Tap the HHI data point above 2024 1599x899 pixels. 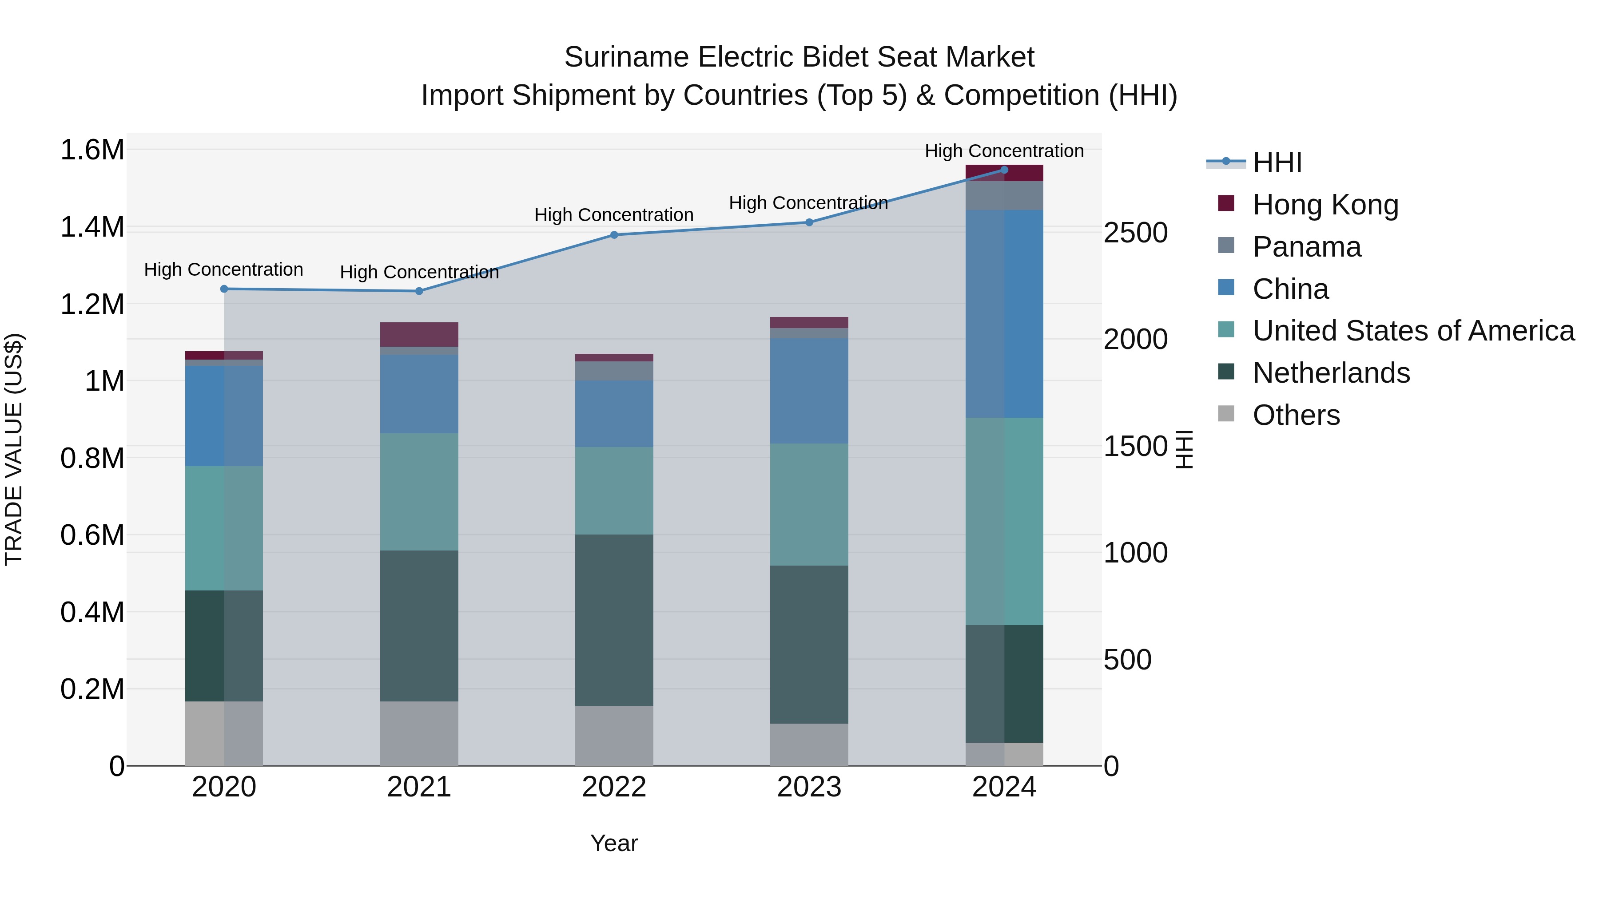1004,170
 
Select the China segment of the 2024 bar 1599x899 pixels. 1004,314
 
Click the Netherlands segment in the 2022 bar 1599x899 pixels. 614,621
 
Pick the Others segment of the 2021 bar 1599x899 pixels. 419,733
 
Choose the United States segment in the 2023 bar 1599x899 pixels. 809,504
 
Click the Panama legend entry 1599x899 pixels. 1307,247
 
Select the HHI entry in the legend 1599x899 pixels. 1277,162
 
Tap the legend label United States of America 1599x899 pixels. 1413,331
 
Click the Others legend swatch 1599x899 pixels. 1226,414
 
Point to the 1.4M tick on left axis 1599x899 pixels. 92,227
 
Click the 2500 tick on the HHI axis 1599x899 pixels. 1135,233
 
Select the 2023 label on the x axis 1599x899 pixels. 809,787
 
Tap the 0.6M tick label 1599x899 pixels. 92,535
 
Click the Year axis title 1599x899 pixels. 614,843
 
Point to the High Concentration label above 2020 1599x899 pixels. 223,270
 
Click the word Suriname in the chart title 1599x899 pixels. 627,58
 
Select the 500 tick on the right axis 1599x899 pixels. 1127,660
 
